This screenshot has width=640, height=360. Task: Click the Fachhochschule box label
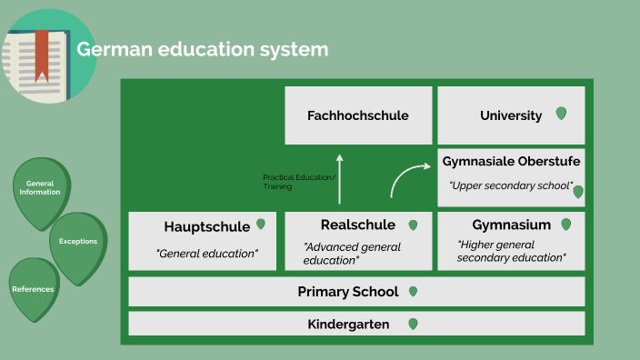tap(357, 115)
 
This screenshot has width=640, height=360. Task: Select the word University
tap(511, 115)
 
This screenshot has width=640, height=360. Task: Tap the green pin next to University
tap(561, 114)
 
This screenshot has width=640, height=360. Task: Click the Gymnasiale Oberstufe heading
tap(511, 161)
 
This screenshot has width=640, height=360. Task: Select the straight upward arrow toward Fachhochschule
tap(340, 177)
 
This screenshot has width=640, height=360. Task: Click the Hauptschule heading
tap(206, 226)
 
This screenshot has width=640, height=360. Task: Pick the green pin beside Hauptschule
tap(261, 224)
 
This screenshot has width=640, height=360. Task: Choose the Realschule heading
tap(357, 225)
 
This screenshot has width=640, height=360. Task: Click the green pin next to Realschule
tap(413, 225)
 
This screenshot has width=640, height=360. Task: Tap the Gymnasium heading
tap(511, 225)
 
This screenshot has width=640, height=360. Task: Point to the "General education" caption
tap(206, 253)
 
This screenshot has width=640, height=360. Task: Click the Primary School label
tap(347, 292)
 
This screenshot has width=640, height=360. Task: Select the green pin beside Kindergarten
tap(413, 324)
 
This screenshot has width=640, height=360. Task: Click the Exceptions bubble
tap(78, 242)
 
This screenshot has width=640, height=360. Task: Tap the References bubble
tap(33, 289)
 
